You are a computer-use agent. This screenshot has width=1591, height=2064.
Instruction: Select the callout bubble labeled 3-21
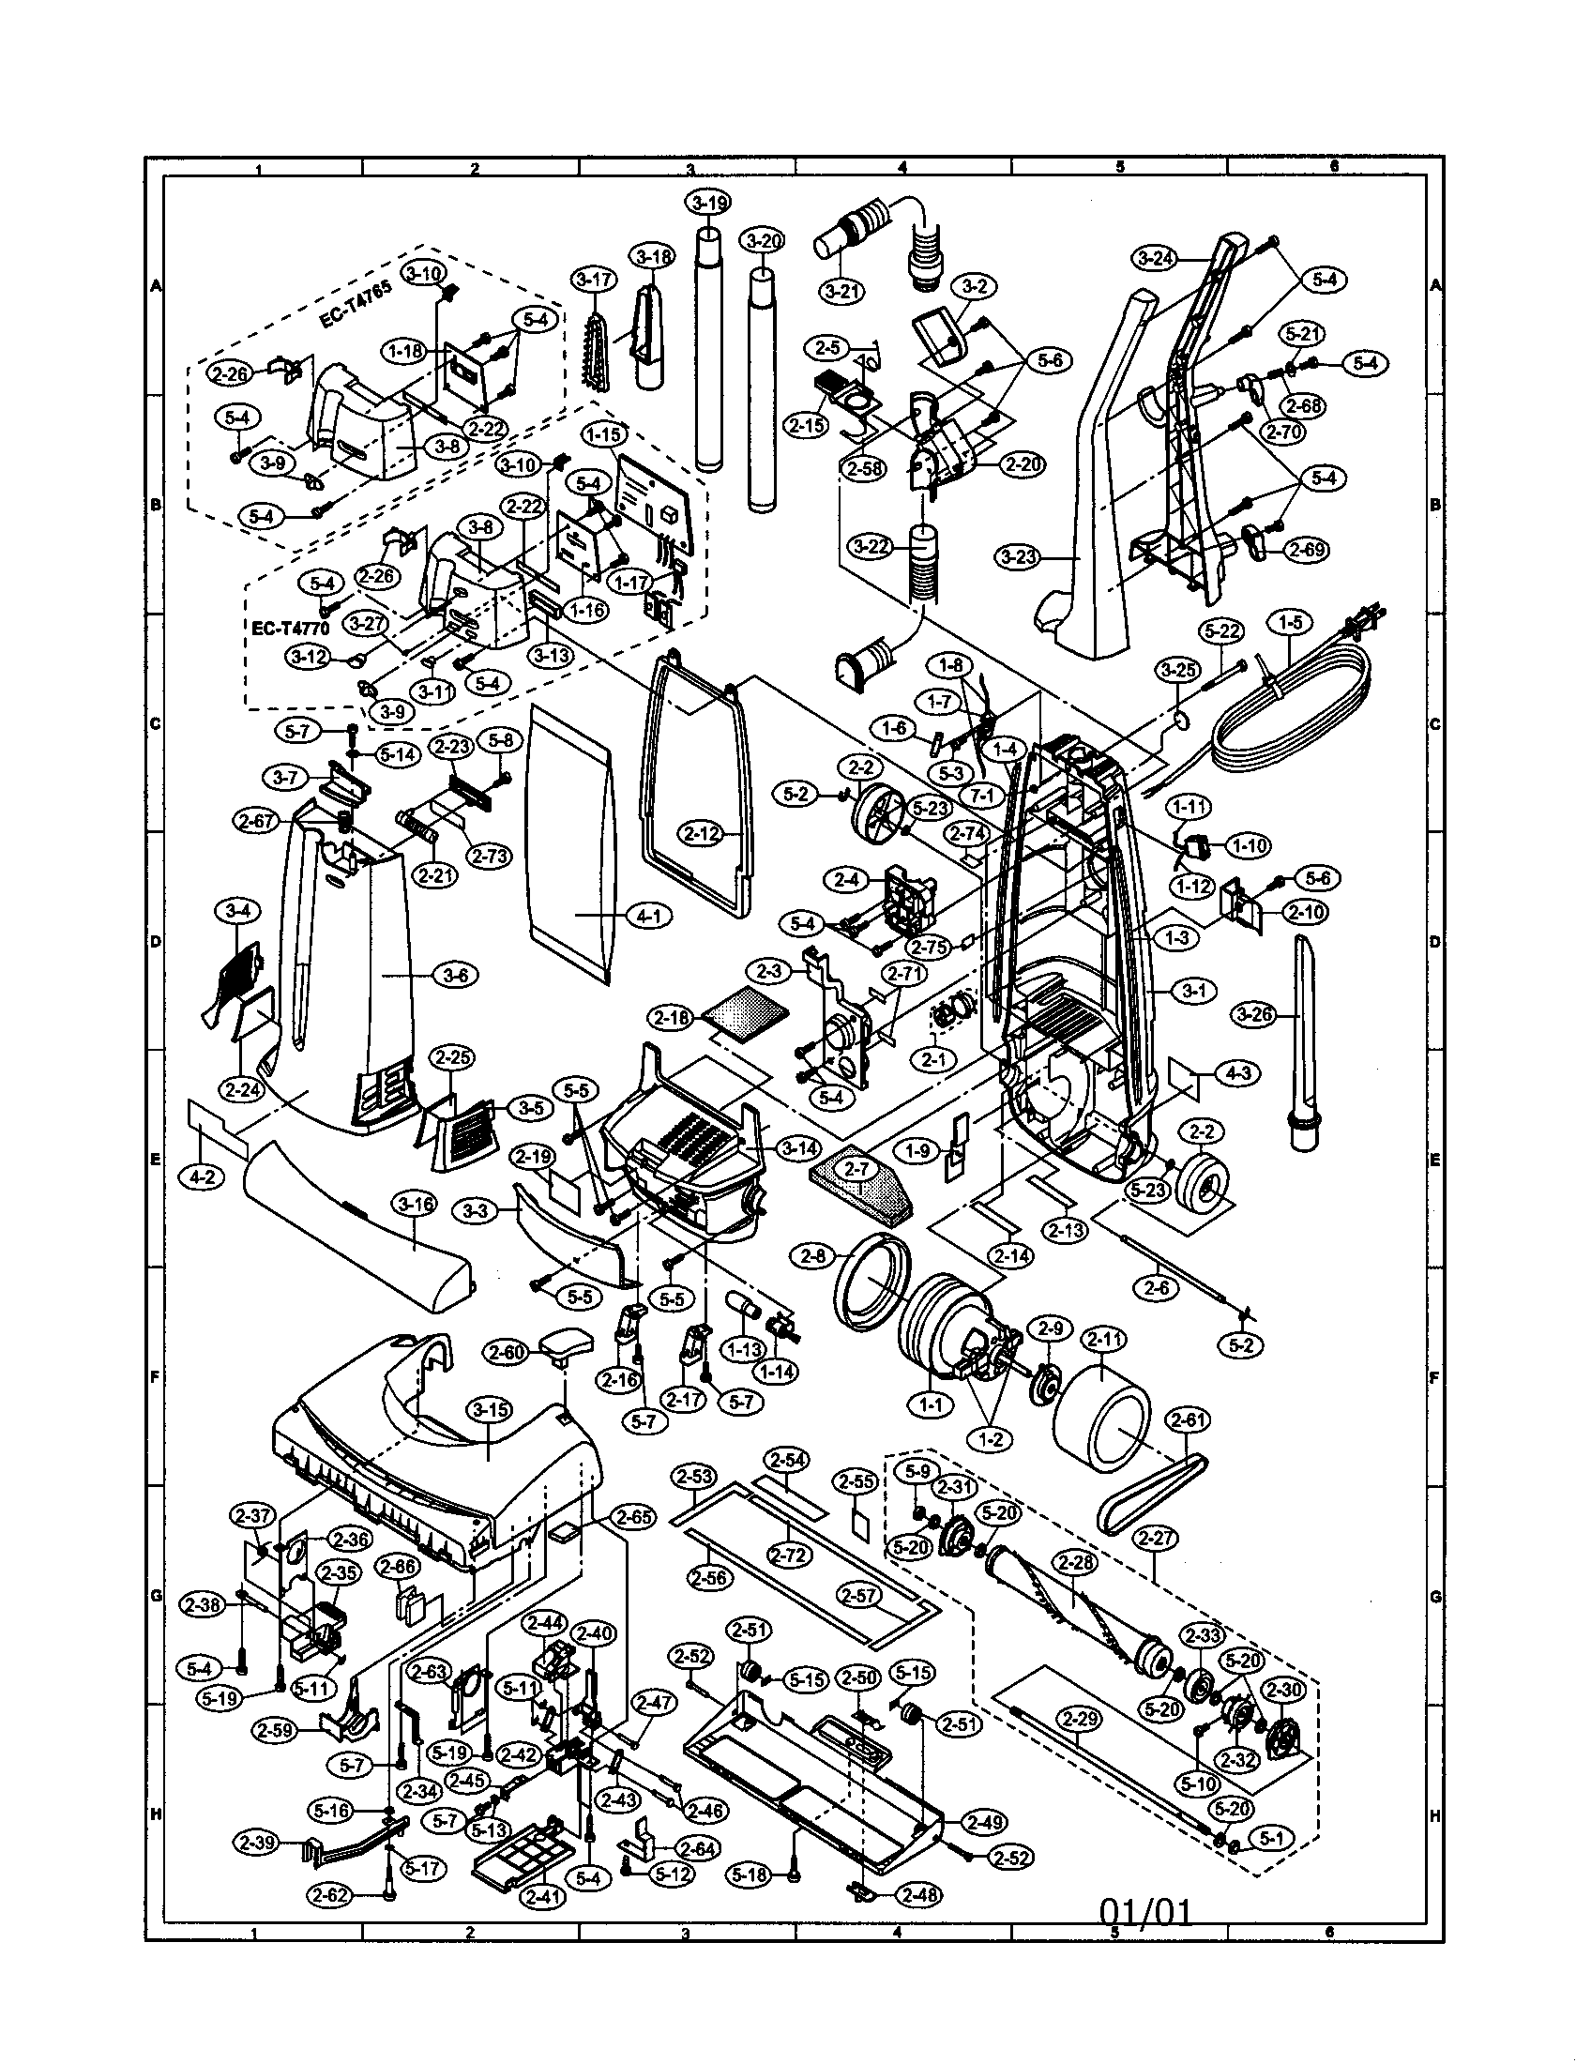841,290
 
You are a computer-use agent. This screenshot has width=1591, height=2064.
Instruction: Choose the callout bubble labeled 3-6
455,976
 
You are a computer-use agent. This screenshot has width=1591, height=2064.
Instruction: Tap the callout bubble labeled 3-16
416,1203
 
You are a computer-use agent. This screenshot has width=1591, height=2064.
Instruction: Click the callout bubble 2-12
702,832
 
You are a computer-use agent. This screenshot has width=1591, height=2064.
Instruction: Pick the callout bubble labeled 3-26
1253,1015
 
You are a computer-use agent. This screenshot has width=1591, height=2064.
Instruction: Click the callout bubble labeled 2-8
813,1257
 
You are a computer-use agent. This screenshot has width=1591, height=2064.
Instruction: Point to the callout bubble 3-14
799,1148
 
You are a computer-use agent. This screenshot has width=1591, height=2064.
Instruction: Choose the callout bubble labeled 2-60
508,1352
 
